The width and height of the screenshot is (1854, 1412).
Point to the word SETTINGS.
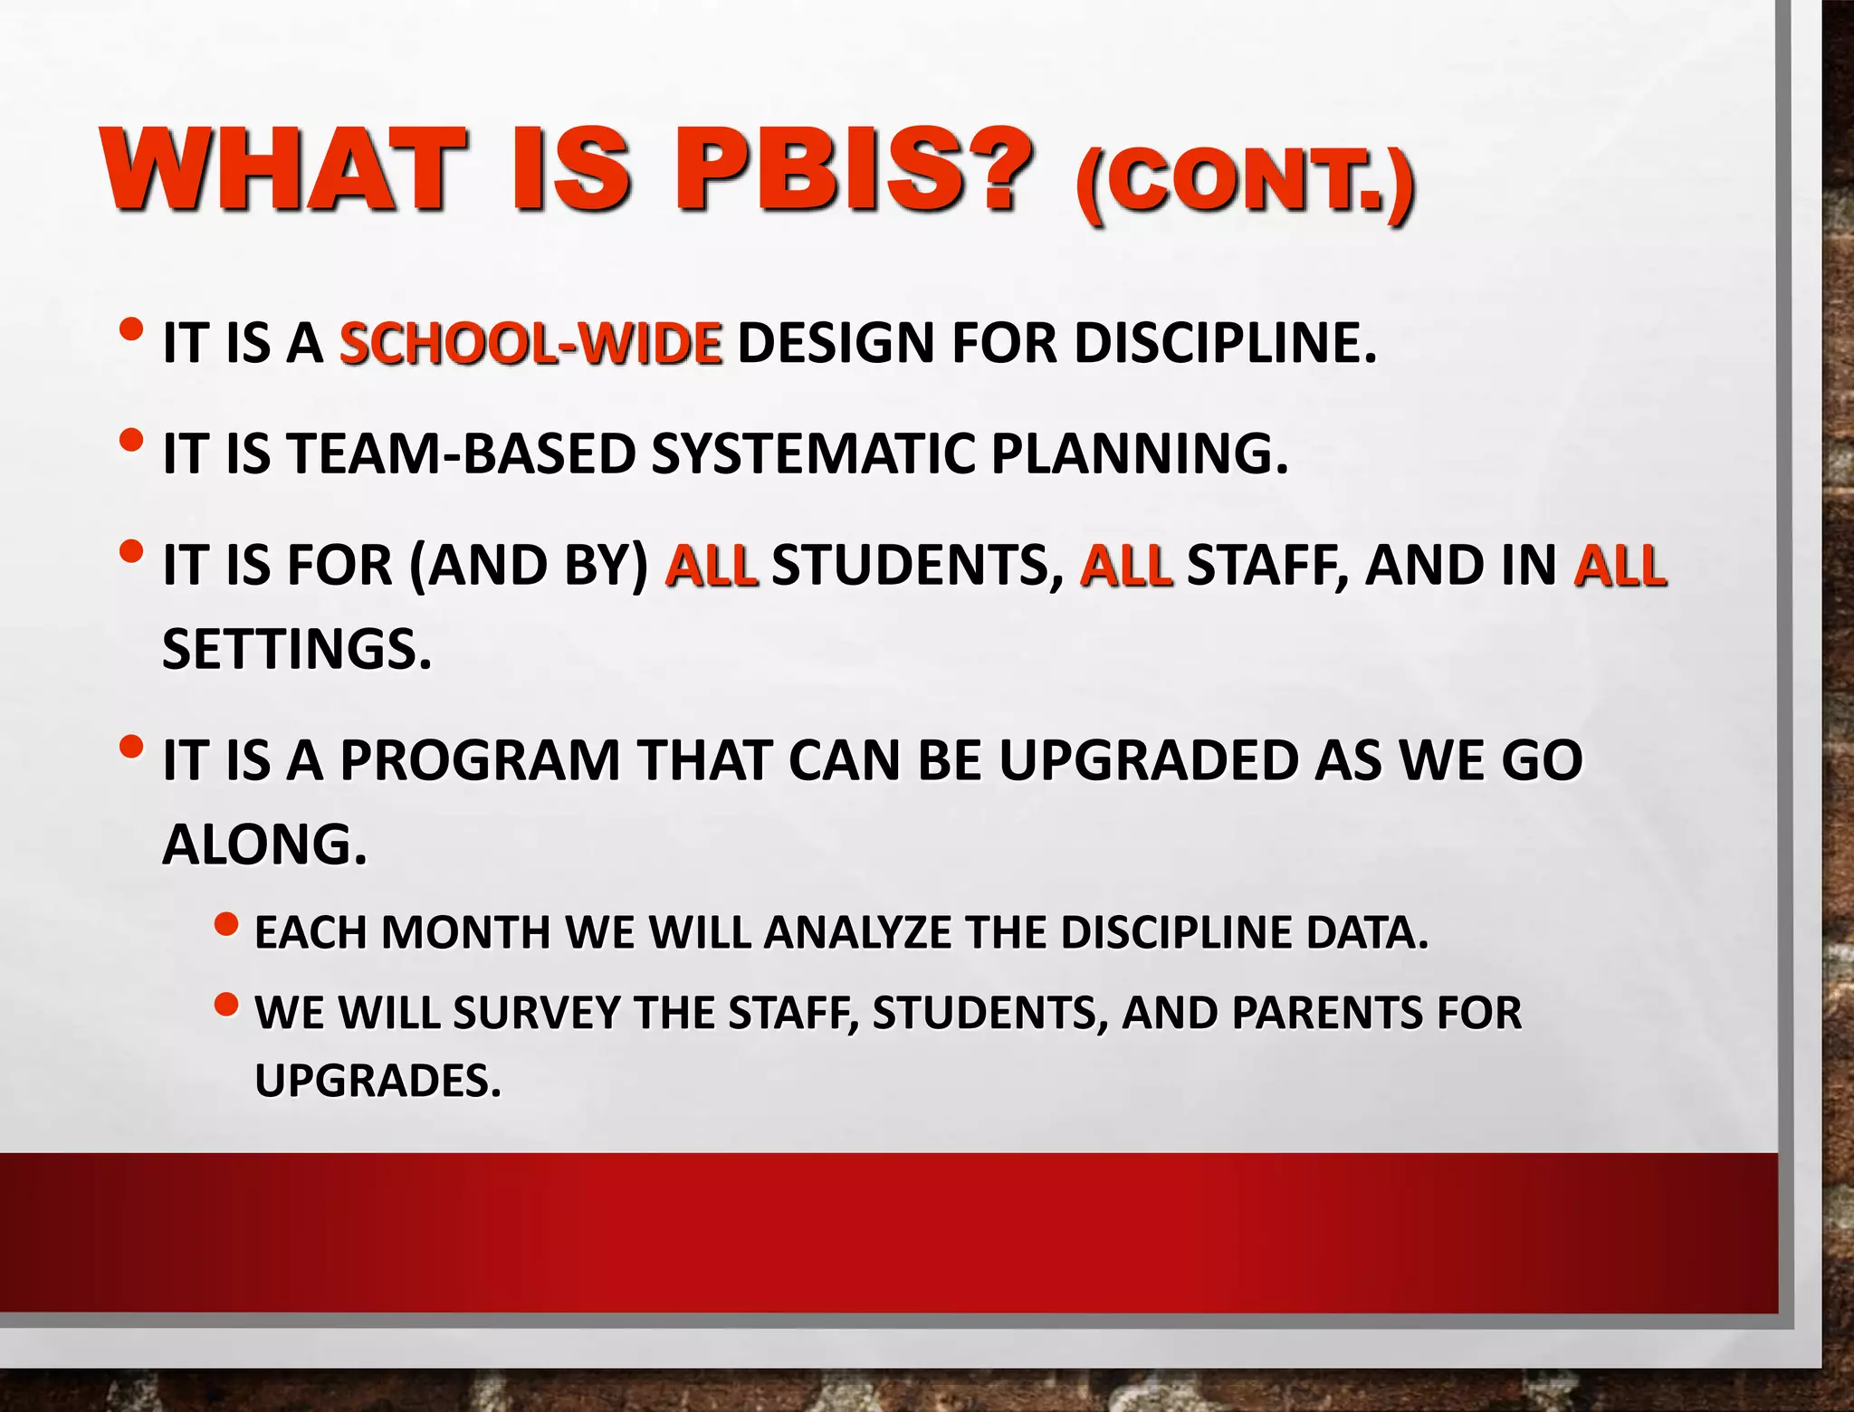(297, 649)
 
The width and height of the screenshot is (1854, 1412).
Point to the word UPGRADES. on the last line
(377, 1080)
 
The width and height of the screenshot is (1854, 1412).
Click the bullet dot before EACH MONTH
(226, 925)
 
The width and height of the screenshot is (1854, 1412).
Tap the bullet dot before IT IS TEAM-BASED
(130, 441)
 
